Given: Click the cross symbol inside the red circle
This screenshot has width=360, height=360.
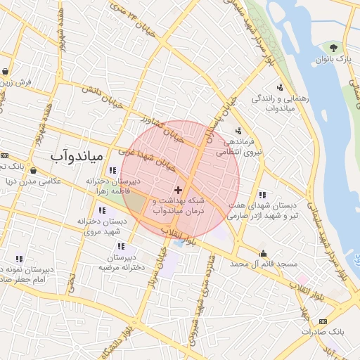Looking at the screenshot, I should (178, 190).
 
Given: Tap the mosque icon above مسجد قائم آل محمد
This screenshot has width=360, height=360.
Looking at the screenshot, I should (264, 254).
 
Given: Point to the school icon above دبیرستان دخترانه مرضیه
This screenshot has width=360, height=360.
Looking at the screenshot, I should (122, 246).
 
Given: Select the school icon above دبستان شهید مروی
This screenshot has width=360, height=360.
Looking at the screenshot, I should (103, 210).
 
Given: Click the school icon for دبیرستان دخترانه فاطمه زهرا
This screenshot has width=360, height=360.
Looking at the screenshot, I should (112, 170).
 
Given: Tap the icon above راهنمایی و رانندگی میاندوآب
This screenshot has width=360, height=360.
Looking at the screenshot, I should (280, 87).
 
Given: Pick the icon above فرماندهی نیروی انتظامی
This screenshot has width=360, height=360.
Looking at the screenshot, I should (238, 130).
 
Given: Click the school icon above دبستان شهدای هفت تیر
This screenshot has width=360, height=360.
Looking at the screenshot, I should (262, 195).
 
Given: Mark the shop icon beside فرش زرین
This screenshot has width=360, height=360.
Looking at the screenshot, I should (6, 71).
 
